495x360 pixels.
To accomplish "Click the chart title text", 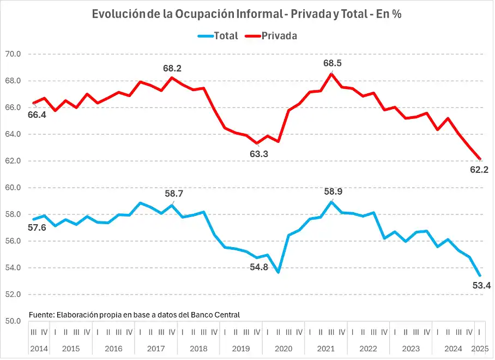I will (x=247, y=14).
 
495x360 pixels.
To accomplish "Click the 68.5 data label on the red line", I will (x=332, y=63).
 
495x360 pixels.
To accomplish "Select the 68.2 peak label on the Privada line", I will (x=172, y=69).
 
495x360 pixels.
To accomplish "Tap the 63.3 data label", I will (x=259, y=154).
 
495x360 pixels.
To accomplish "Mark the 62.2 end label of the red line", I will (x=479, y=170).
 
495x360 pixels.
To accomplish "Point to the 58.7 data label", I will (x=174, y=194).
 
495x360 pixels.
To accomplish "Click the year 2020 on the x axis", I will (x=283, y=349).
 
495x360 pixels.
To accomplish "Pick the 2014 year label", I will (x=39, y=349).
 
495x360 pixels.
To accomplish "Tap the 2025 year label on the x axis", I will (x=480, y=349).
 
